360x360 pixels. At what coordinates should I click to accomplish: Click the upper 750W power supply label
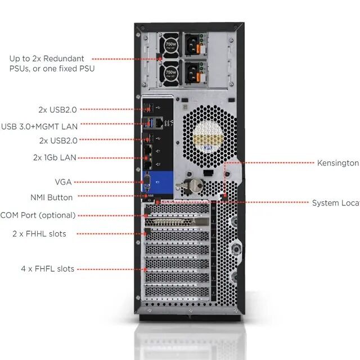pyautogui.click(x=169, y=44)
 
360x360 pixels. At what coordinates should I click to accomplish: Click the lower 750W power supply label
pyautogui.click(x=169, y=73)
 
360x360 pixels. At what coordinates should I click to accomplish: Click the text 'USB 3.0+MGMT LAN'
pyautogui.click(x=39, y=126)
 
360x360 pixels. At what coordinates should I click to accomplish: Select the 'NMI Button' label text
pyautogui.click(x=51, y=197)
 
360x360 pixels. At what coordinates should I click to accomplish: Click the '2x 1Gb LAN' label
pyautogui.click(x=55, y=157)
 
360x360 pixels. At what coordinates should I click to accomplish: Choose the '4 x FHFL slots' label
pyautogui.click(x=47, y=269)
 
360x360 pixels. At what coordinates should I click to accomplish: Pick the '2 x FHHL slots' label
pyautogui.click(x=39, y=233)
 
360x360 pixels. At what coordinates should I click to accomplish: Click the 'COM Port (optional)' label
pyautogui.click(x=38, y=215)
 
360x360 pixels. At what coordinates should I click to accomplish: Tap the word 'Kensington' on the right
pyautogui.click(x=337, y=163)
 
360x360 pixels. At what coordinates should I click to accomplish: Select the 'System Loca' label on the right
pyautogui.click(x=335, y=203)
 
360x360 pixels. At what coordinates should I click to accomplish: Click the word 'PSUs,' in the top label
pyautogui.click(x=21, y=69)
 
